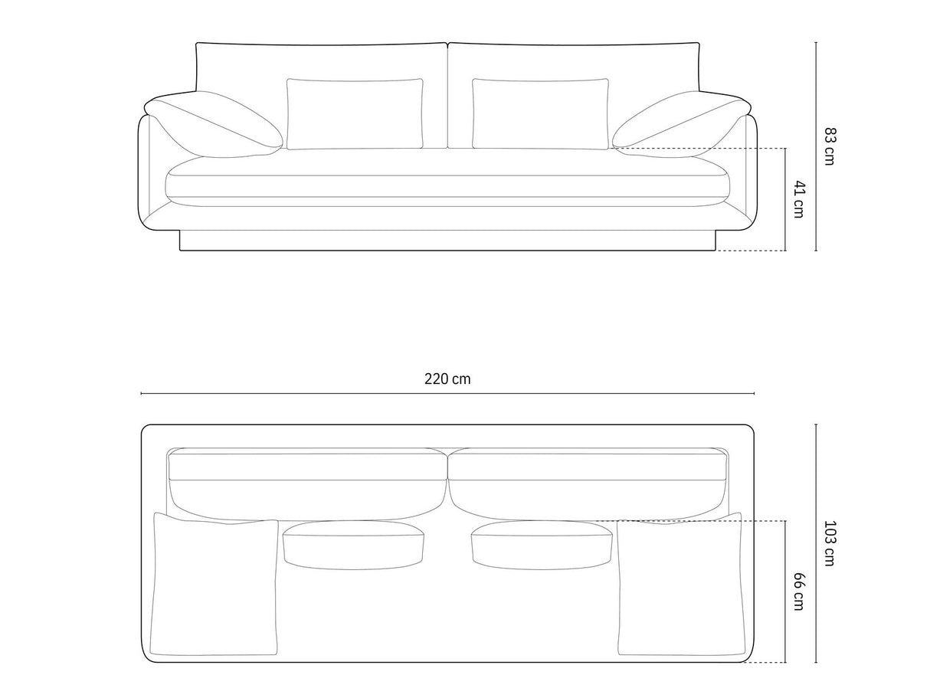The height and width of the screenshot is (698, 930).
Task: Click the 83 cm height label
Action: (829, 146)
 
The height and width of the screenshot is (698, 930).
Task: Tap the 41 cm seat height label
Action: (799, 199)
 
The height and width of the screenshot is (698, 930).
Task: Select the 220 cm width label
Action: (447, 378)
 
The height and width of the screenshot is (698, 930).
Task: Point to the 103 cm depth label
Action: (829, 543)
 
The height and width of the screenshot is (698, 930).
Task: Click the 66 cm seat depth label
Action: (799, 591)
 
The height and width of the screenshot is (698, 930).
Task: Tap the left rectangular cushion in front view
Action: (355, 113)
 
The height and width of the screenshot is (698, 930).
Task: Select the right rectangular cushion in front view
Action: (540, 113)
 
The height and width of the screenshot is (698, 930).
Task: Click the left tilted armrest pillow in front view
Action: (214, 124)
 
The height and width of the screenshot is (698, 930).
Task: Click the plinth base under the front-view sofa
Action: (447, 241)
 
